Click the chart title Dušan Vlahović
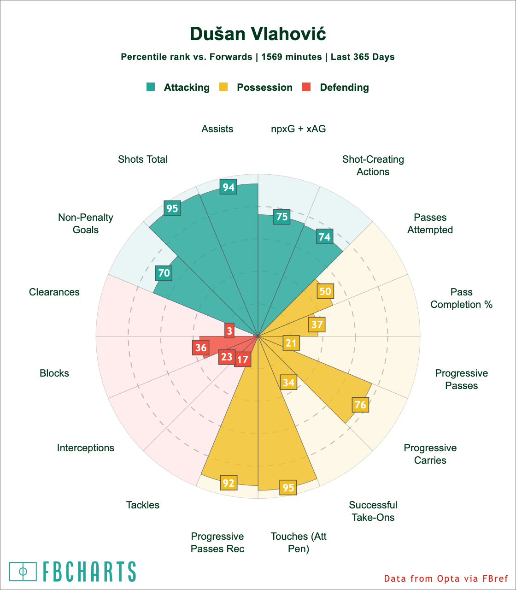point(258,34)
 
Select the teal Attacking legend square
point(151,87)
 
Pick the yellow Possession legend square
point(224,87)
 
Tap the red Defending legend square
point(307,87)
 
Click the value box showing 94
point(229,187)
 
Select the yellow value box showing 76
point(360,405)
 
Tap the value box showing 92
point(229,483)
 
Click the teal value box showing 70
point(164,273)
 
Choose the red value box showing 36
point(200,347)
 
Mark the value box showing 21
point(291,342)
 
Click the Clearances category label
point(54,292)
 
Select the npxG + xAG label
point(299,129)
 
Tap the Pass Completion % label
point(462,298)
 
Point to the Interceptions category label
point(86,448)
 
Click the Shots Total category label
point(143,159)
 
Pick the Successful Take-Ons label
point(373,511)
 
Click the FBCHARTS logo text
point(89,572)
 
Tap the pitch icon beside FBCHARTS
point(23,572)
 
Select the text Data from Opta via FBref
point(446,578)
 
